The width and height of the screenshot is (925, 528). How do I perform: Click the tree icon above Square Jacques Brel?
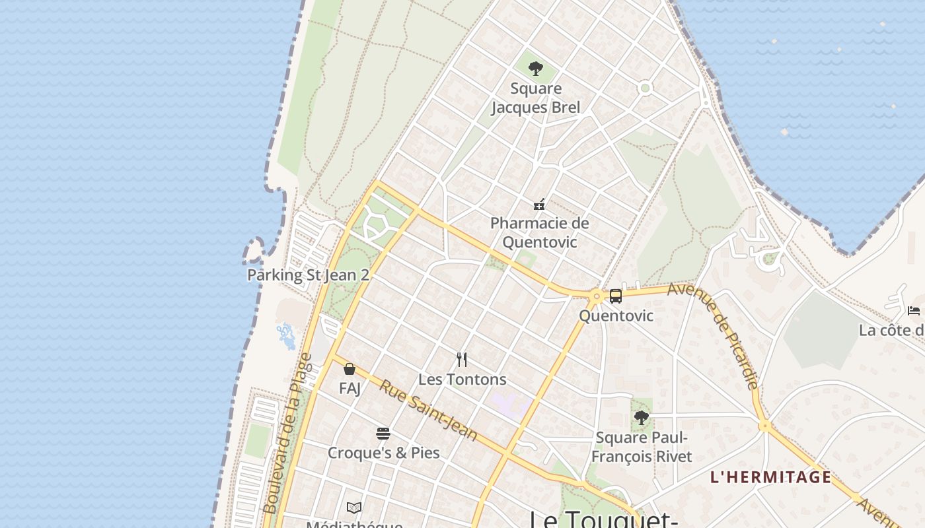536,68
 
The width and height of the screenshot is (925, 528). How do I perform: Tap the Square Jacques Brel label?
536,98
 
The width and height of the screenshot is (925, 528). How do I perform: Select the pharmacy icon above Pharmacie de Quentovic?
539,205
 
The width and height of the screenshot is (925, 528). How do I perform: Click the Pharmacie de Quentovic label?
539,232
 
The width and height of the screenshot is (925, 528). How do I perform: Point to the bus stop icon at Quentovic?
616,296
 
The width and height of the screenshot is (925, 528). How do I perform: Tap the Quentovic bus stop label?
616,315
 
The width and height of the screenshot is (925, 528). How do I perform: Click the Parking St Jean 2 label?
308,275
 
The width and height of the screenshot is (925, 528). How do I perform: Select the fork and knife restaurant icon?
462,360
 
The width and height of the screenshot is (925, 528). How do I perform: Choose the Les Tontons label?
462,379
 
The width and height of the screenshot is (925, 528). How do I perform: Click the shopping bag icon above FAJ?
350,369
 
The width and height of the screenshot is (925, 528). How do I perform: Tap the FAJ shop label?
350,388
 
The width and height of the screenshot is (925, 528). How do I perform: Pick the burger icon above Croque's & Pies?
383,434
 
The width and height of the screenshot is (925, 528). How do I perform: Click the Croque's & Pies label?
383,453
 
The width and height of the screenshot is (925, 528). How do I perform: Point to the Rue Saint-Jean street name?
427,410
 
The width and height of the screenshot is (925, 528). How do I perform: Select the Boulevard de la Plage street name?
287,434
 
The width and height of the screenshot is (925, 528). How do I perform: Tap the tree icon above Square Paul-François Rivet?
641,417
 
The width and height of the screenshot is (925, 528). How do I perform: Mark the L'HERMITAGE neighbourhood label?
770,477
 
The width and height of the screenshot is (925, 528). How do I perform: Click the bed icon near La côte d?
914,310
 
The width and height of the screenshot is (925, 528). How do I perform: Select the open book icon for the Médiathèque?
354,508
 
